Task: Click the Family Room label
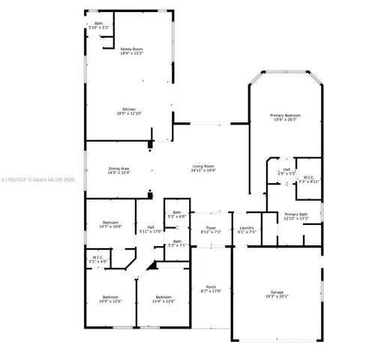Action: click(x=131, y=49)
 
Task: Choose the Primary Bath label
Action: click(x=296, y=215)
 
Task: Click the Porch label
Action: click(x=211, y=286)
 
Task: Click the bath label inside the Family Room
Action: click(x=98, y=23)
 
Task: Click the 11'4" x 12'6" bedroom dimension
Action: click(x=163, y=301)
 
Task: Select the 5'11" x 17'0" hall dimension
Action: click(x=151, y=232)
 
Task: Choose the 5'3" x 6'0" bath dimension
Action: click(x=177, y=217)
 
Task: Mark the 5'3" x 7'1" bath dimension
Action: click(x=177, y=245)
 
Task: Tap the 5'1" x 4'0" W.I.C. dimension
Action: click(x=98, y=262)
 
